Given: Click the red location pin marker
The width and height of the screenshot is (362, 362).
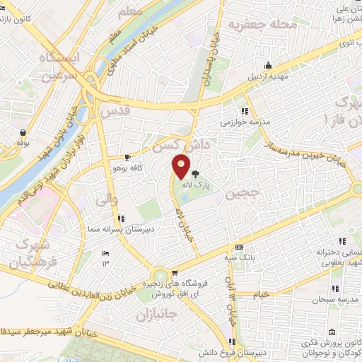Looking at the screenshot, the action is pos(182,166).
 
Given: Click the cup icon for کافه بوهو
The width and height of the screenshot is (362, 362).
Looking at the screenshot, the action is pos(127,157).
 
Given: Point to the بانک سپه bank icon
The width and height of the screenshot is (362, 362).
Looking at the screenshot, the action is pos(239,247).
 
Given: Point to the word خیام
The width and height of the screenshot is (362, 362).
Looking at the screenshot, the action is pos(261,293).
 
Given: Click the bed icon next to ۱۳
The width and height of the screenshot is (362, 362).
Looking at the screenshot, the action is pos(106,254).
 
